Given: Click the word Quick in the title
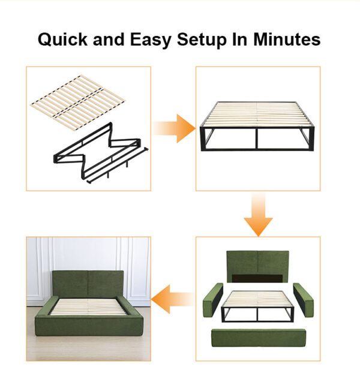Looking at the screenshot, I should coord(62,40).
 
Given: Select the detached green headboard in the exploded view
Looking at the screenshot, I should coord(257,264).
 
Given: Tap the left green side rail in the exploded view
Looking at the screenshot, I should coord(213,300).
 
